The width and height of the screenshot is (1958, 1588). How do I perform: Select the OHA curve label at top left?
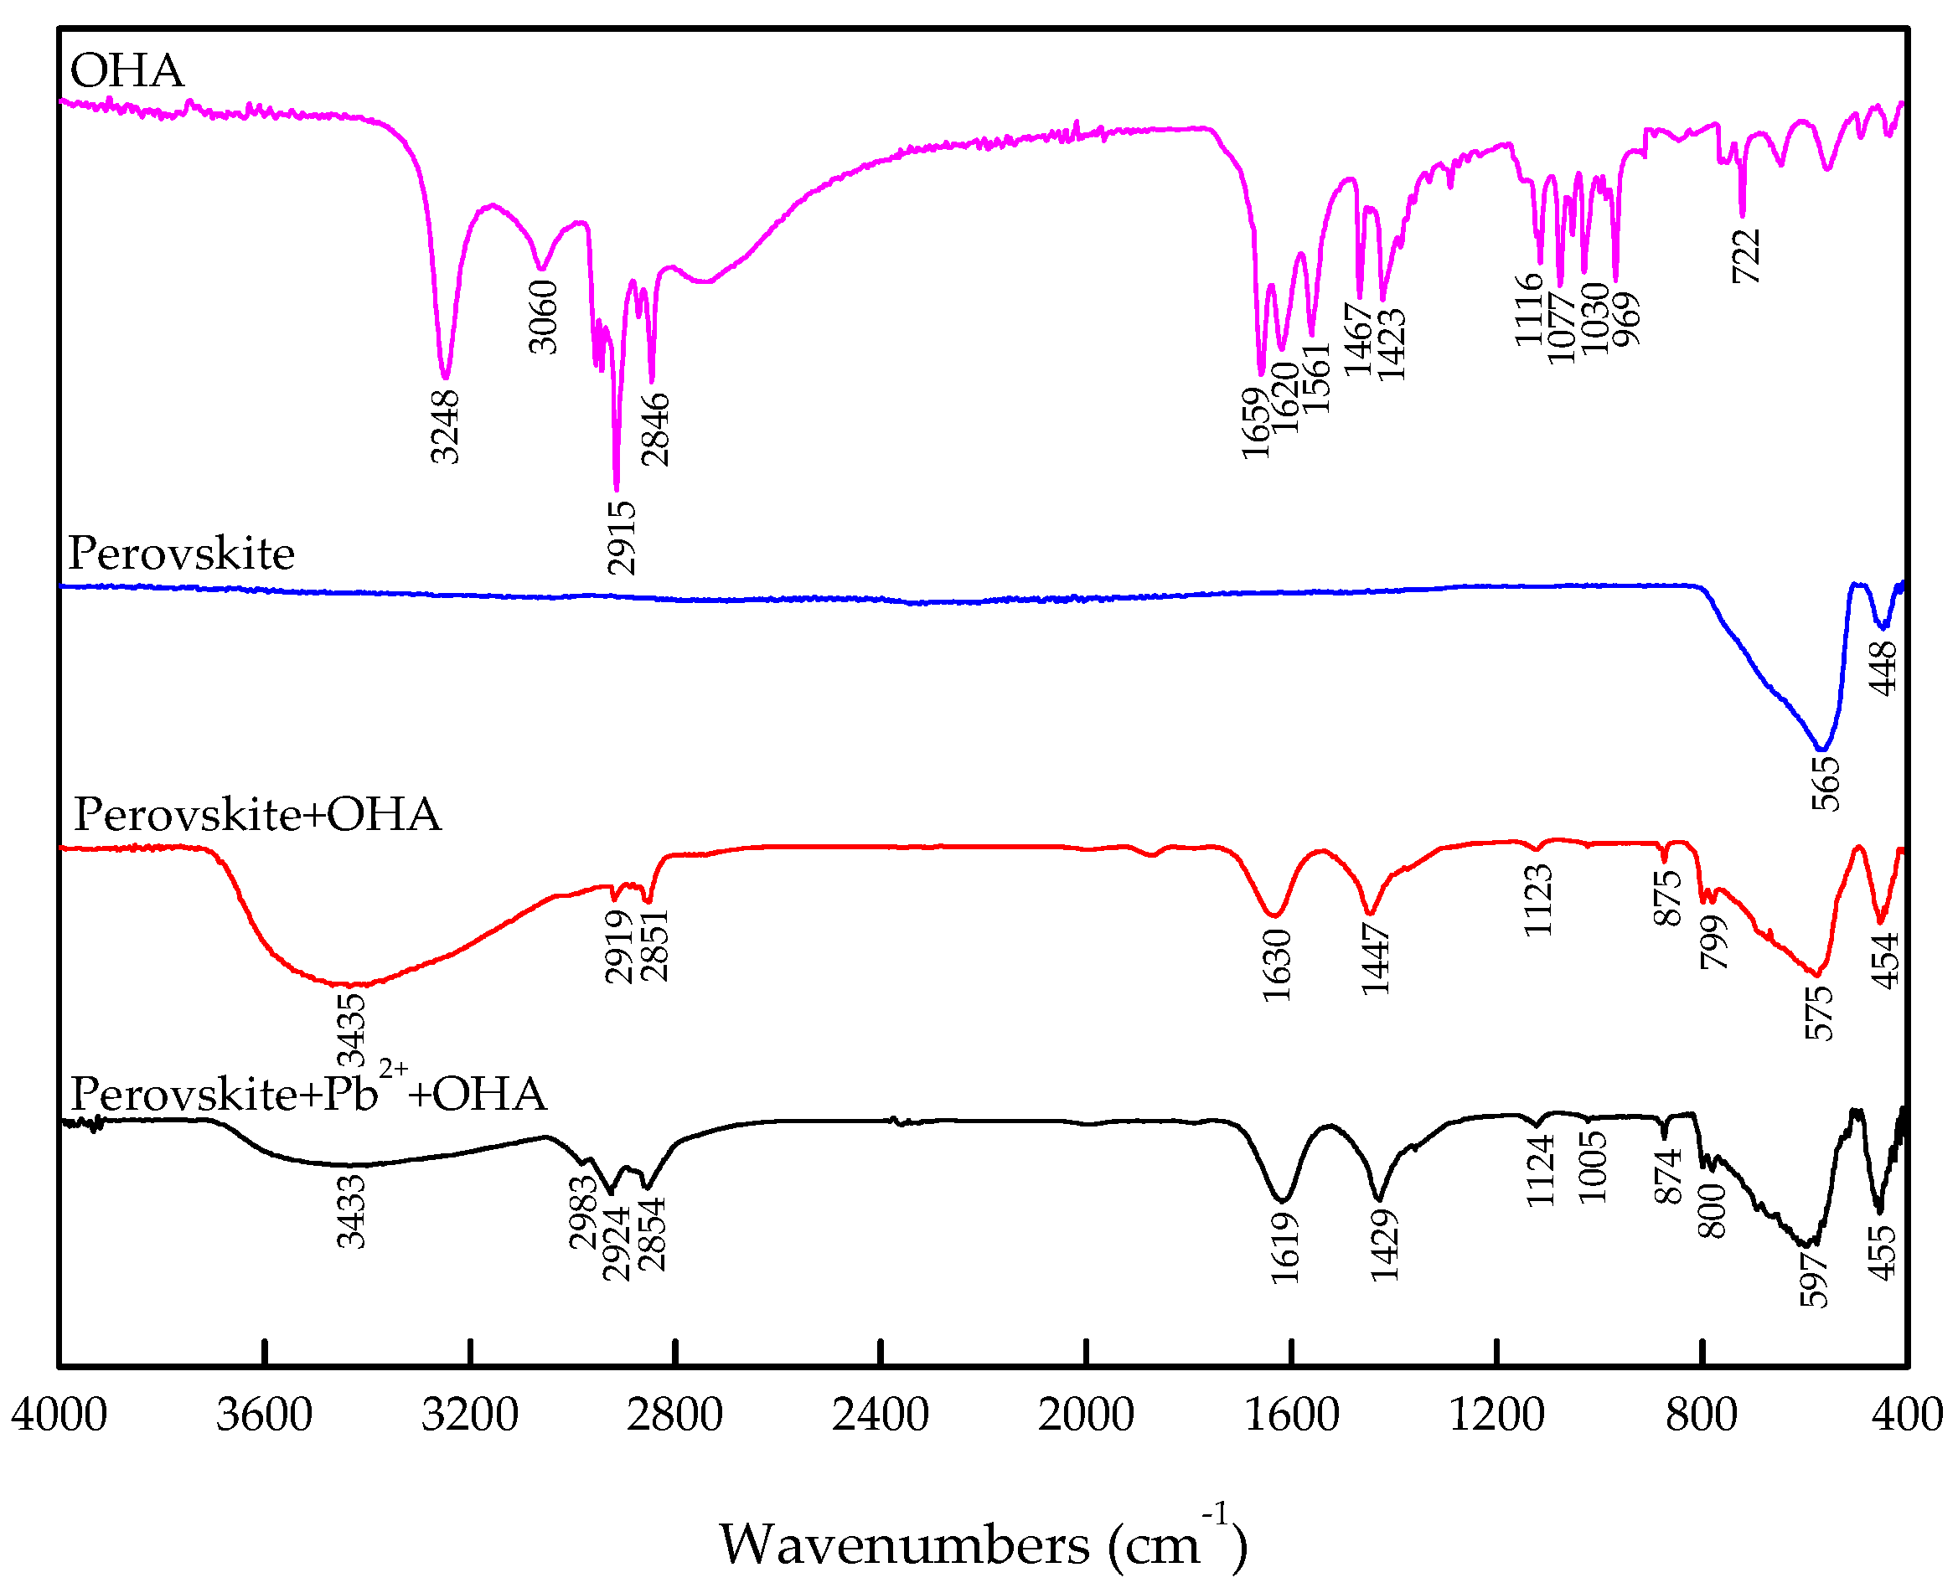click(127, 71)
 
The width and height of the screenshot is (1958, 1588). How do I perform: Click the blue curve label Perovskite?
click(181, 554)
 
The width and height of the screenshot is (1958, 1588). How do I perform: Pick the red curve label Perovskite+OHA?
click(257, 815)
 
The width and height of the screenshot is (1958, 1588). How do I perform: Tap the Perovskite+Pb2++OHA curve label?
click(308, 1094)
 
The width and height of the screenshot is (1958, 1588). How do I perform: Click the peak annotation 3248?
click(446, 427)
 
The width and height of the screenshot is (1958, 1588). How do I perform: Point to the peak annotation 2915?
click(623, 538)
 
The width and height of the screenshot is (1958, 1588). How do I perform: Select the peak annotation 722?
click(1747, 257)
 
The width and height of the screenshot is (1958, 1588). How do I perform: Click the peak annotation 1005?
click(1593, 1168)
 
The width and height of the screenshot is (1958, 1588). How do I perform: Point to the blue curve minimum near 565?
click(1822, 750)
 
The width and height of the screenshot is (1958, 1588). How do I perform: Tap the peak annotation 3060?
click(544, 317)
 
